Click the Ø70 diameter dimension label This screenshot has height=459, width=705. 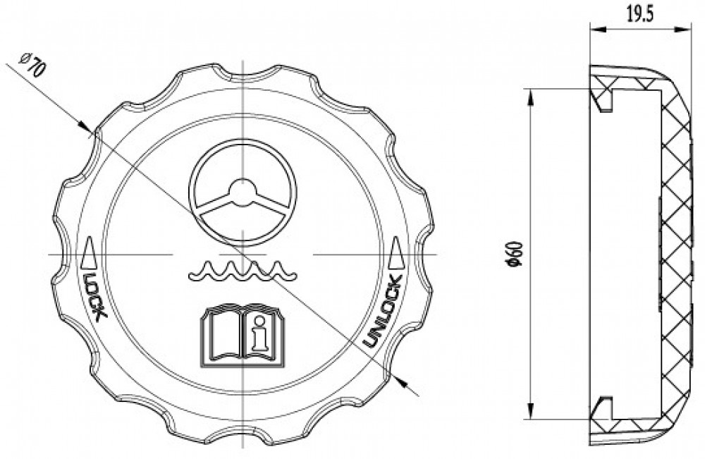pos(32,65)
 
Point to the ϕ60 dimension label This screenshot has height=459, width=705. pos(514,254)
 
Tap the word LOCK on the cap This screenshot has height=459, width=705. pos(95,296)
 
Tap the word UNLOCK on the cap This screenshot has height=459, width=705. pos(382,312)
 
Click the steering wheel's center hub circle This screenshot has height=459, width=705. pos(243,192)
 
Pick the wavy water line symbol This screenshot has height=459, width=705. pos(243,270)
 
